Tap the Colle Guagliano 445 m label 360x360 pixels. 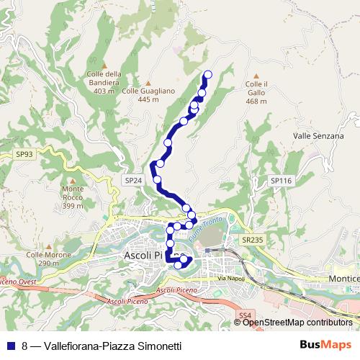tap(148, 94)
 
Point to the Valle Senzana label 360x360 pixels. tap(316, 135)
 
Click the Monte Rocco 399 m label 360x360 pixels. tap(73, 197)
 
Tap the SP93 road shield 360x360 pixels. tap(24, 154)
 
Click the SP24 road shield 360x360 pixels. tap(131, 181)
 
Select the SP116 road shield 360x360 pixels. tap(279, 181)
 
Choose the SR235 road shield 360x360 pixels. tap(252, 240)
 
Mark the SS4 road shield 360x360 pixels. tap(246, 315)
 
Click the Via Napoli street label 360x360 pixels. tap(231, 278)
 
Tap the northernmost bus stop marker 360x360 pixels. tap(209, 74)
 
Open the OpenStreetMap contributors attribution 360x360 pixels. tap(297, 323)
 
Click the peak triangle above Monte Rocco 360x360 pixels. tap(73, 180)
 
